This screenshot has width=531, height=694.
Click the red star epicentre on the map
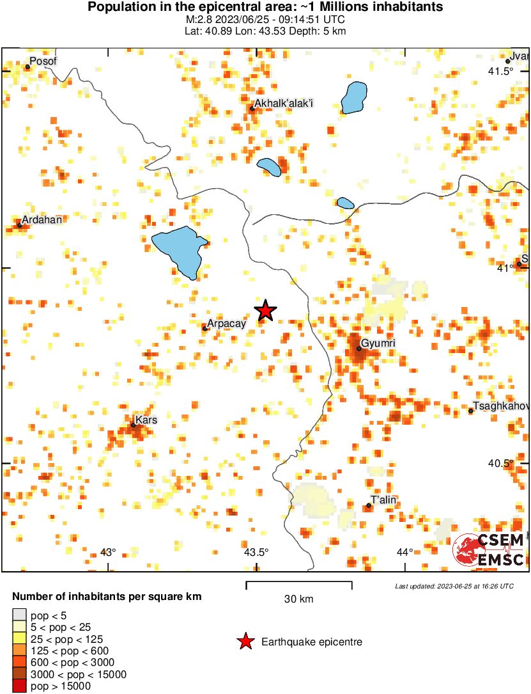click(x=265, y=311)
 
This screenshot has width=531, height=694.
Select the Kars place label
click(x=146, y=420)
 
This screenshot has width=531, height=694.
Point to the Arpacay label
click(x=227, y=324)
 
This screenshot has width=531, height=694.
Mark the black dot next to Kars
click(x=133, y=425)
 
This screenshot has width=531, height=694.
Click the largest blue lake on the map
click(x=180, y=250)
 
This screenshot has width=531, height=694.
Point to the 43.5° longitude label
click(x=256, y=552)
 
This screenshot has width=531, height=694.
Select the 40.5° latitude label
click(x=500, y=463)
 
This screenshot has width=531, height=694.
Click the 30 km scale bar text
click(x=298, y=599)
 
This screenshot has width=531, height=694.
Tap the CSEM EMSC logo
click(x=489, y=549)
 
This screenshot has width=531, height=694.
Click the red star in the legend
click(x=245, y=642)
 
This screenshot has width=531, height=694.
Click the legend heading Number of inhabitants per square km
click(x=107, y=596)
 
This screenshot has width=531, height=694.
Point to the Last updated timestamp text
click(x=454, y=586)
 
